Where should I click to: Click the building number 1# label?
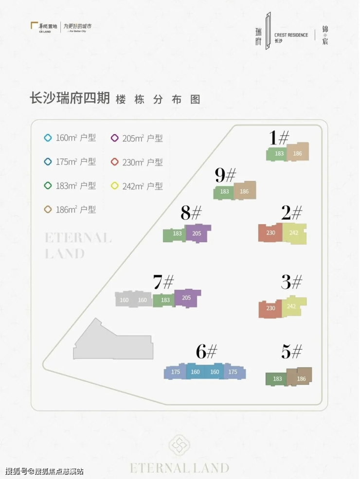[x=280, y=138]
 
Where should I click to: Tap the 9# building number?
[x=225, y=175]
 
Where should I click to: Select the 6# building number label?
[x=206, y=351]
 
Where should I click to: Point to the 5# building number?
[x=291, y=351]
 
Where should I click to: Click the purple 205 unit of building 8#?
[x=197, y=233]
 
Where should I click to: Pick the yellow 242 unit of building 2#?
[x=294, y=233]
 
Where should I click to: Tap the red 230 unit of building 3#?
[x=270, y=308]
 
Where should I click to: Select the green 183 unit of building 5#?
[x=277, y=379]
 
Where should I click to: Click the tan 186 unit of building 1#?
[x=298, y=153]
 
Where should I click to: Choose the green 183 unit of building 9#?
[x=224, y=192]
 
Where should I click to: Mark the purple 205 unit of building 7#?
[x=187, y=298]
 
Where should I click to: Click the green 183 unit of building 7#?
[x=164, y=301]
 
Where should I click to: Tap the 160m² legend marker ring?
[x=48, y=138]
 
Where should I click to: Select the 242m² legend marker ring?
[x=115, y=186]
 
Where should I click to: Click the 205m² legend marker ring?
[x=115, y=138]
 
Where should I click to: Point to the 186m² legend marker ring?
[x=48, y=210]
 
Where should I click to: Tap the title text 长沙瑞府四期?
[x=70, y=98]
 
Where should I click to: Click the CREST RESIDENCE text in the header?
[x=291, y=35]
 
